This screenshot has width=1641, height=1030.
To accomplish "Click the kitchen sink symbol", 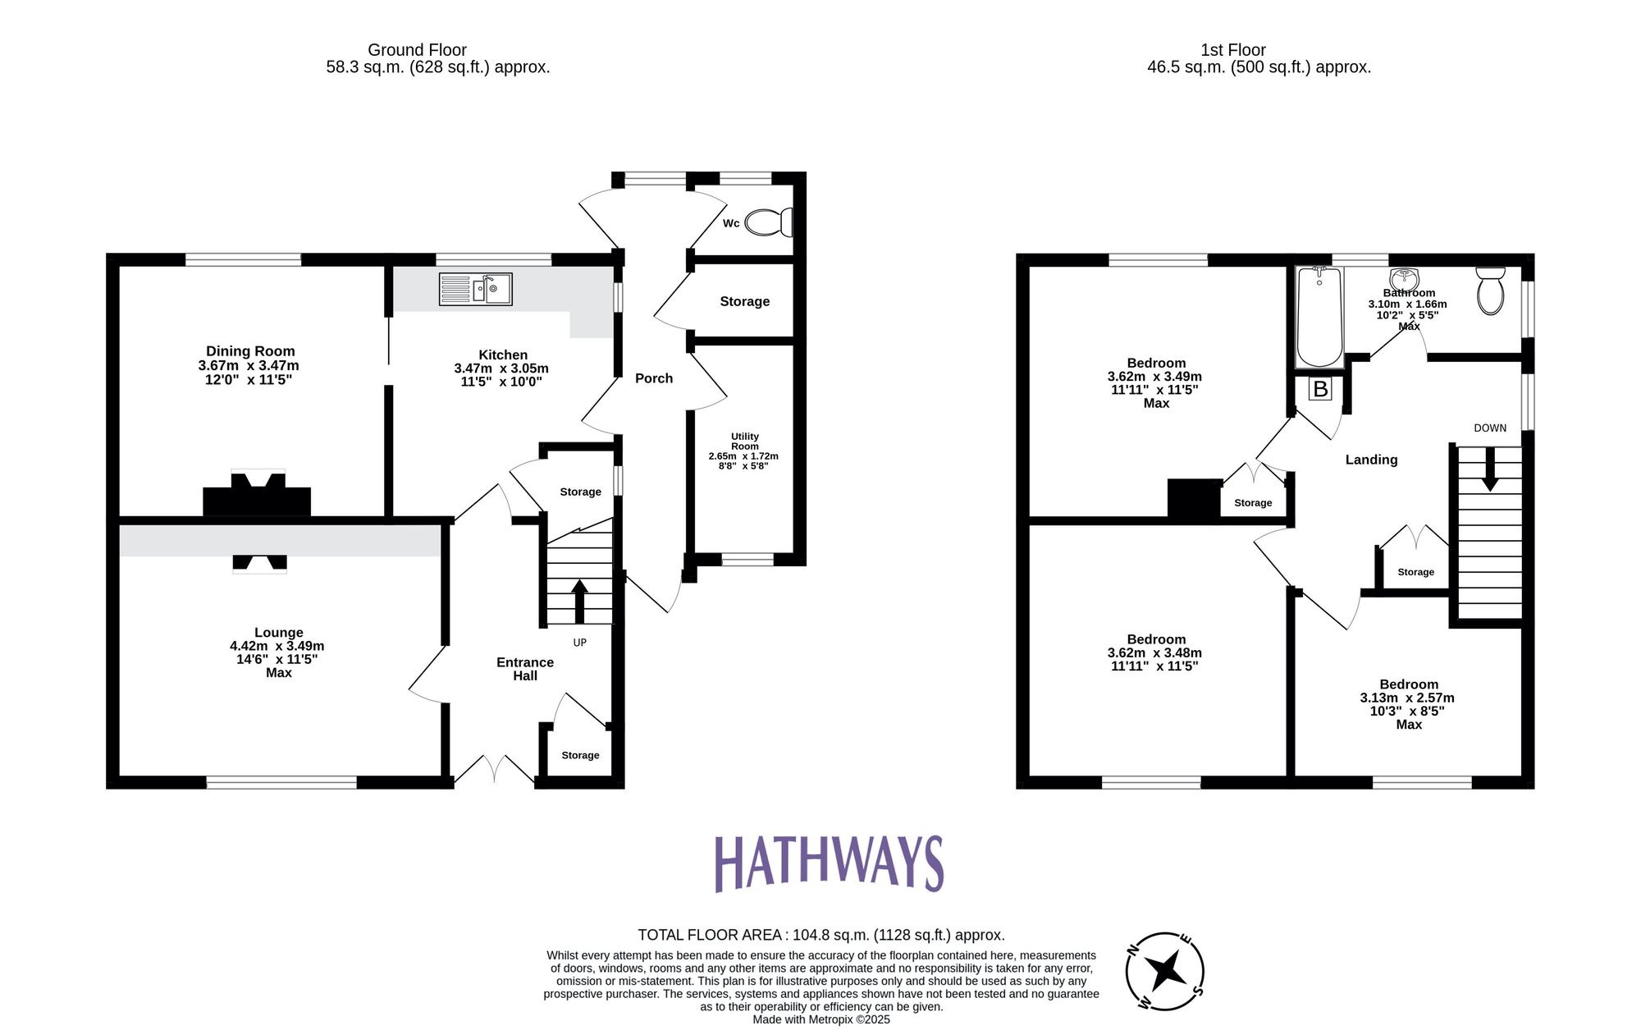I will (x=476, y=289).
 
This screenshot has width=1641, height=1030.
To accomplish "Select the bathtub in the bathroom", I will (x=1319, y=317).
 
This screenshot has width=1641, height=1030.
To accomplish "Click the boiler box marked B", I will (x=1320, y=389).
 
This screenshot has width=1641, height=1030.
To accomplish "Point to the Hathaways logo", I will (x=829, y=863).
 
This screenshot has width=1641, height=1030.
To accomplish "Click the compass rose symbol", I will (x=1165, y=972).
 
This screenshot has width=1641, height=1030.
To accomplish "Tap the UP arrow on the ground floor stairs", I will (x=579, y=600).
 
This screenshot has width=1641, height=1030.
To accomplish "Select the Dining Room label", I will (x=250, y=351).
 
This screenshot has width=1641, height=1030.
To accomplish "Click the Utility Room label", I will (x=745, y=442).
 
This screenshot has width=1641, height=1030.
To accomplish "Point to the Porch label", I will (x=654, y=378).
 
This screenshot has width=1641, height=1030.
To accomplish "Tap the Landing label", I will (x=1371, y=460).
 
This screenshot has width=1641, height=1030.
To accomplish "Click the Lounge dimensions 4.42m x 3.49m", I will (x=277, y=646).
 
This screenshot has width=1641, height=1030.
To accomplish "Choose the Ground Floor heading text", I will (x=417, y=50).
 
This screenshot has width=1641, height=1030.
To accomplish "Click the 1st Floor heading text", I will (x=1233, y=50).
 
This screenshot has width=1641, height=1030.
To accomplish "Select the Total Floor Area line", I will (x=820, y=935).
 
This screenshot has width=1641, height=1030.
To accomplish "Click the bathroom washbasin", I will (x=1405, y=277).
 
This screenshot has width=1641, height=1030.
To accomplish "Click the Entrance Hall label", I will (x=525, y=669).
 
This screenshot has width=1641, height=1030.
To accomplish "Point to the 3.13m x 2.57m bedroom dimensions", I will (x=1407, y=698).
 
